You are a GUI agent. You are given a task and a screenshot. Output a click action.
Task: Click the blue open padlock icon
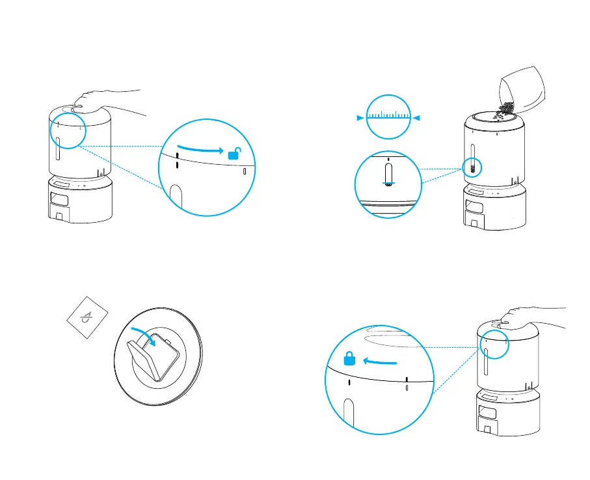pos(234,154)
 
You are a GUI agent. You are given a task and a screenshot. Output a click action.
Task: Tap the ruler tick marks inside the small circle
pos(389,117)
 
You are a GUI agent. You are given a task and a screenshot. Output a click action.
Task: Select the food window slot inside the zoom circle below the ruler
pos(389,175)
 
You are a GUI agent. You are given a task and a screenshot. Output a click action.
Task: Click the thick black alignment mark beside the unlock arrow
pos(177,160)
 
